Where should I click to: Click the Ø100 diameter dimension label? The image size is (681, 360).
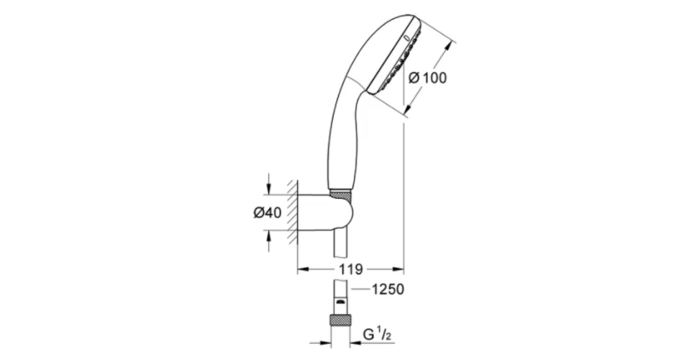pyautogui.click(x=428, y=77)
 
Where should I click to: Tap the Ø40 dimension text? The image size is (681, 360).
pyautogui.click(x=267, y=213)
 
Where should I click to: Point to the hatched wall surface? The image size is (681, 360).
pyautogui.click(x=293, y=213)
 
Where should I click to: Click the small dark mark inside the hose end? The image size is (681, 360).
pyautogui.click(x=340, y=300)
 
